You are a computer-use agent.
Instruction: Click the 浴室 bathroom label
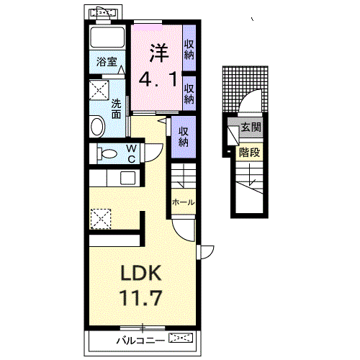click(x=107, y=62)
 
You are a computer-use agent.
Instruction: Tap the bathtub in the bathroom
click(x=107, y=37)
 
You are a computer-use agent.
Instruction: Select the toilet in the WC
click(x=107, y=153)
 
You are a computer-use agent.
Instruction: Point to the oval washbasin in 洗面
click(x=97, y=126)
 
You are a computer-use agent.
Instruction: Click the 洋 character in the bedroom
click(x=159, y=53)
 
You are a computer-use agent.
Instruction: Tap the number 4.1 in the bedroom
click(x=158, y=79)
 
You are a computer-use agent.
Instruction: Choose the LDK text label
click(x=141, y=273)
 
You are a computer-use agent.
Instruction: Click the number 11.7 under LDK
click(x=140, y=297)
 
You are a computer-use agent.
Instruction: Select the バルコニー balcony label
click(x=140, y=340)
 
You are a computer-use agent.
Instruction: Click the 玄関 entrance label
click(x=251, y=127)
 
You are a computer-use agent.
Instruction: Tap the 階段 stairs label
click(x=249, y=152)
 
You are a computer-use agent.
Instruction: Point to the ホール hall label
click(x=183, y=202)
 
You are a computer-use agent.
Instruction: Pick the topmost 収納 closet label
click(x=189, y=50)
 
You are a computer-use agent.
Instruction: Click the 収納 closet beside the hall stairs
click(x=184, y=137)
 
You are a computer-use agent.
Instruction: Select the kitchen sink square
click(x=127, y=178)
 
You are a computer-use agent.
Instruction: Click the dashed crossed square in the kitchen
click(x=101, y=219)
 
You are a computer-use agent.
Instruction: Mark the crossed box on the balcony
click(x=181, y=338)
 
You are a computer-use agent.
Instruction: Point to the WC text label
click(x=132, y=154)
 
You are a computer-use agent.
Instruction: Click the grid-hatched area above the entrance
click(x=245, y=89)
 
